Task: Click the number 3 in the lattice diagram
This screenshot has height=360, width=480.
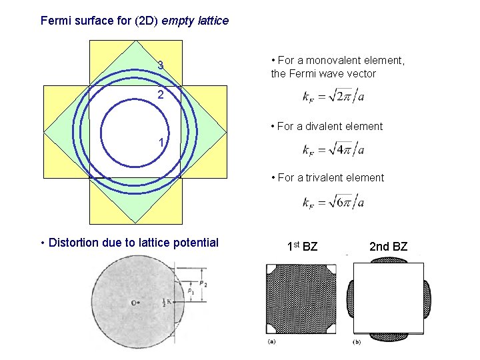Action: pyautogui.click(x=161, y=65)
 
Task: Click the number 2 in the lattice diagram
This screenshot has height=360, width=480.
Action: pyautogui.click(x=161, y=95)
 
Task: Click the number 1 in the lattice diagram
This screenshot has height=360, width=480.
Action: pyautogui.click(x=161, y=142)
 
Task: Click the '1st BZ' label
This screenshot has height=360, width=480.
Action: pyautogui.click(x=302, y=247)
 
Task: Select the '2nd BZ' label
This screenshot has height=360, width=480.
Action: pyautogui.click(x=387, y=247)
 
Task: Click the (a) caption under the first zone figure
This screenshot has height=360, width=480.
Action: pyautogui.click(x=271, y=343)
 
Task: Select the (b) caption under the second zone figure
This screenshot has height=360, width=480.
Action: pyautogui.click(x=357, y=343)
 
